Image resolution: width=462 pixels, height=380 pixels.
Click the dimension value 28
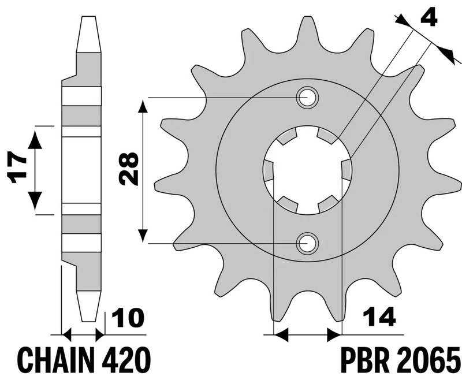tap(129, 169)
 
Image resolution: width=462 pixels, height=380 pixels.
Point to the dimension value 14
tap(379, 316)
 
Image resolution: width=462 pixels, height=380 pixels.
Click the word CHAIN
tap(56, 359)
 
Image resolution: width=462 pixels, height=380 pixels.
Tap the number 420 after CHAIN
tap(126, 359)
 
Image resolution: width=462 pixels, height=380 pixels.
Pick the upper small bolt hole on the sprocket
tap(308, 97)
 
